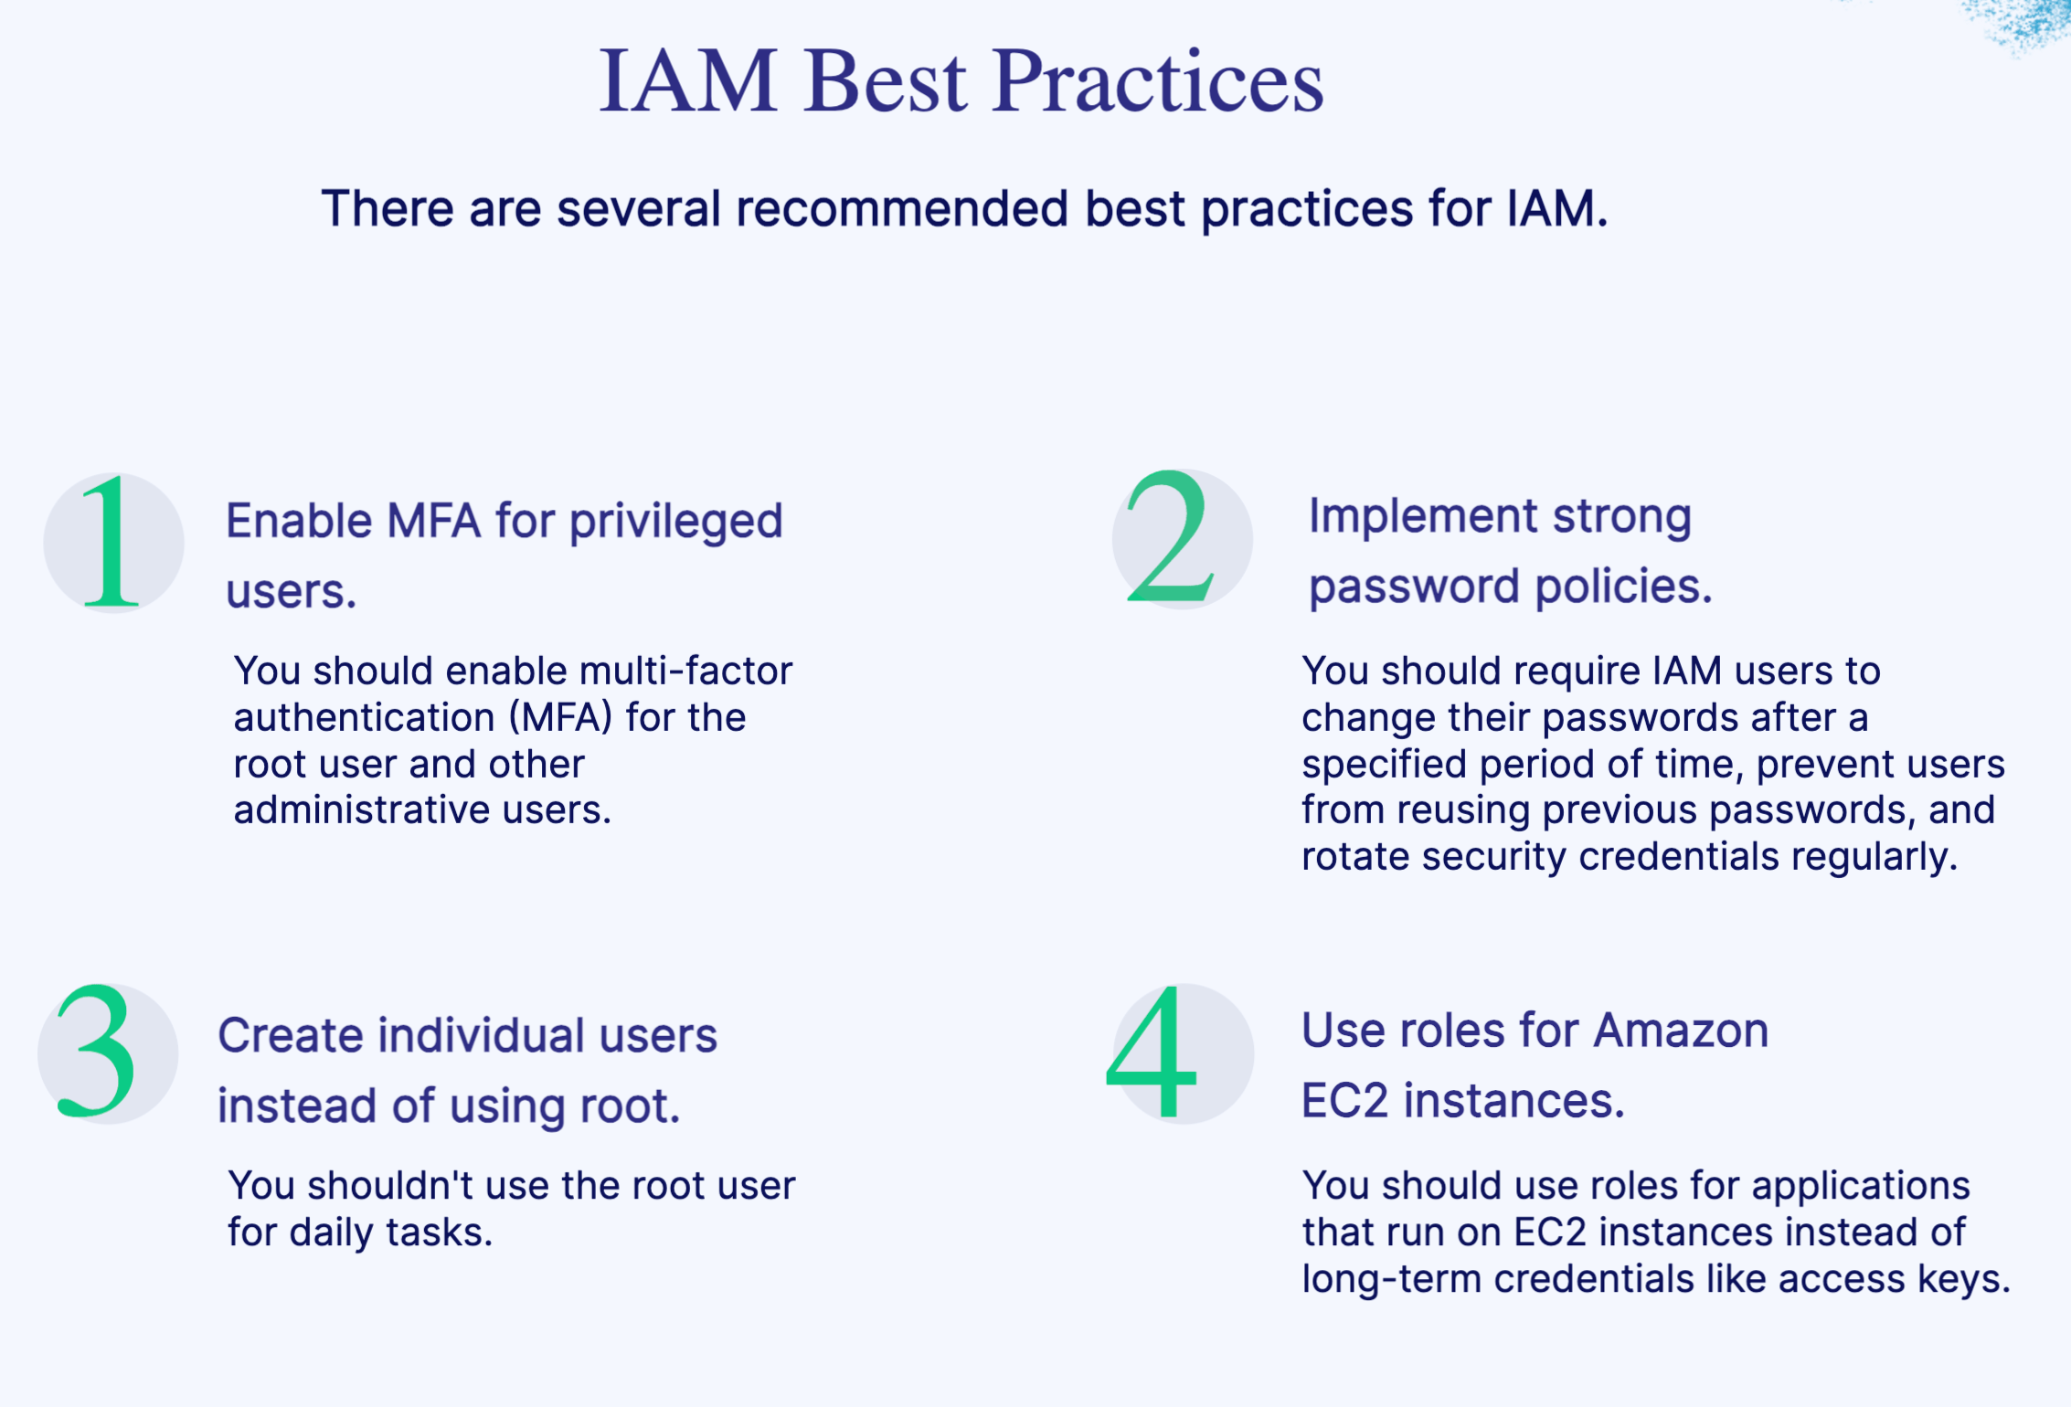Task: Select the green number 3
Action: click(x=97, y=1053)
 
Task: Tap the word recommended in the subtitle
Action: click(x=901, y=208)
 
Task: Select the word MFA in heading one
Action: click(x=433, y=522)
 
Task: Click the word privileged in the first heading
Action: click(x=676, y=522)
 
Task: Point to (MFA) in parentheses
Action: click(x=560, y=717)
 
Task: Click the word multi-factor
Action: click(x=685, y=671)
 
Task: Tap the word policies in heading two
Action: click(x=1623, y=586)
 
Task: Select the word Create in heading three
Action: click(x=291, y=1035)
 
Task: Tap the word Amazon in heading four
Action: click(x=1681, y=1031)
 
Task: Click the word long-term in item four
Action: click(x=1391, y=1279)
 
